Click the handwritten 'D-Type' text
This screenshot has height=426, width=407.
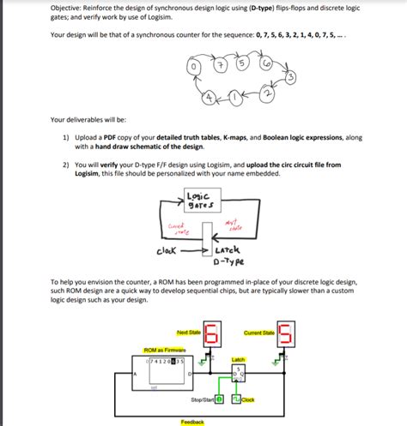pos(229,261)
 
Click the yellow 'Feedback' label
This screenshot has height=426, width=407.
pos(193,422)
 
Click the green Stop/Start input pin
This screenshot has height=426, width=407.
pos(219,399)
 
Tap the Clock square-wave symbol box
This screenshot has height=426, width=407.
pos(237,399)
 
